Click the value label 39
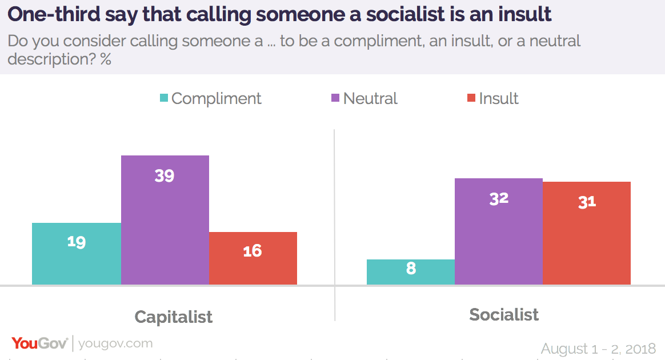click(165, 175)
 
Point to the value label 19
click(76, 242)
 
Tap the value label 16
click(253, 250)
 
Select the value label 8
click(411, 268)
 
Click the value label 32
click(499, 198)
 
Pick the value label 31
click(587, 202)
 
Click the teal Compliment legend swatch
click(164, 98)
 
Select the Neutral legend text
click(370, 98)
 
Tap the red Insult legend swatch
click(471, 98)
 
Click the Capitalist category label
click(173, 317)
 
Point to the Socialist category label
click(504, 314)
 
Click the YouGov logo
click(39, 343)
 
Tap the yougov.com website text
click(115, 343)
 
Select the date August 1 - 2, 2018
click(598, 348)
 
